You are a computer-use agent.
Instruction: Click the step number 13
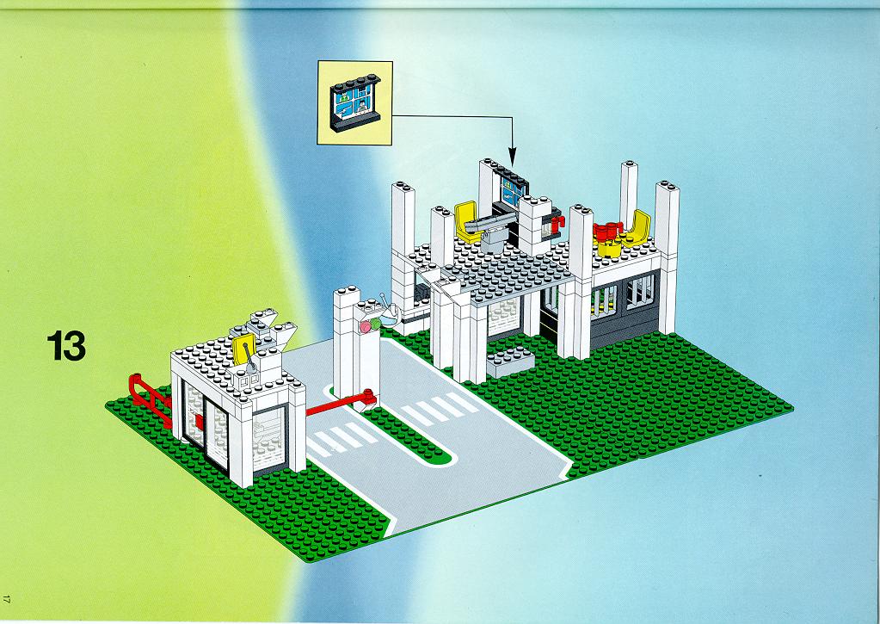point(66,345)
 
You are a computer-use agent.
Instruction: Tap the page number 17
point(6,599)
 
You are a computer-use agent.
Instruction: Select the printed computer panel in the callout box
point(354,102)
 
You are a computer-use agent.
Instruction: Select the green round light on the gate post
point(375,324)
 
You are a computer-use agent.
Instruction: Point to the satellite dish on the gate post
point(387,310)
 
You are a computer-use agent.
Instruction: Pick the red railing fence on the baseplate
point(150,398)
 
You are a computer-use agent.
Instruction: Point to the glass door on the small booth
point(206,429)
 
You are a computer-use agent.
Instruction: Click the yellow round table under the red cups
point(609,246)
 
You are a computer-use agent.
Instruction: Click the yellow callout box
point(354,103)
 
